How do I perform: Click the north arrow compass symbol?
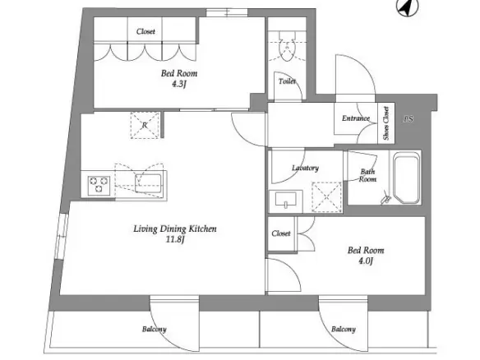click(408, 7)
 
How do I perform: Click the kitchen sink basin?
click(148, 183)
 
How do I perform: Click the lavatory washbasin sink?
click(285, 201)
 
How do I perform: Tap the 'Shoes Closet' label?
click(386, 123)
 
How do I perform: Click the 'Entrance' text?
click(356, 118)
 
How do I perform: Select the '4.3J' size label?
click(179, 84)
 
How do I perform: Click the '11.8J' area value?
click(175, 239)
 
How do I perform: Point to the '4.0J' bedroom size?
click(366, 261)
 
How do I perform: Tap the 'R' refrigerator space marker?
click(145, 125)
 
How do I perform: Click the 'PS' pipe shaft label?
click(408, 119)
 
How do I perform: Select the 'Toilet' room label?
click(287, 81)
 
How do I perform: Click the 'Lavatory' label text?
click(305, 168)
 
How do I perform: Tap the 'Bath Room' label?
click(367, 175)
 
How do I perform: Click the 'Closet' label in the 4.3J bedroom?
click(145, 31)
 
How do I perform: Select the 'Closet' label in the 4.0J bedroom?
click(281, 233)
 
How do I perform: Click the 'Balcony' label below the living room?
click(155, 330)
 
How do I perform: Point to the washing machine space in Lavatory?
click(326, 196)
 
